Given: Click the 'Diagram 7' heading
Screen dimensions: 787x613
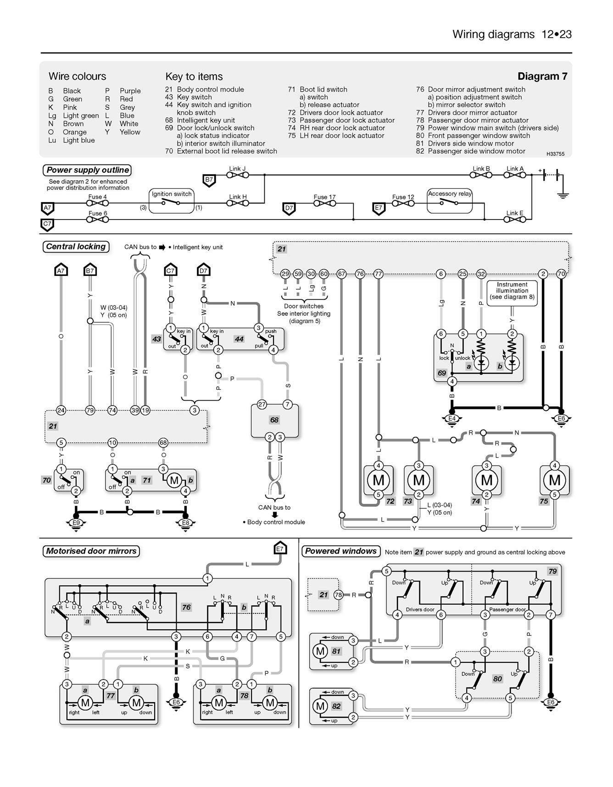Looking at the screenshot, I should coord(542,76).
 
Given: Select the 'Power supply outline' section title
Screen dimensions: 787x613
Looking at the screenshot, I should coord(88,170).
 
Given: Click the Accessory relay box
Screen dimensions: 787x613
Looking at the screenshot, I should coord(450,201).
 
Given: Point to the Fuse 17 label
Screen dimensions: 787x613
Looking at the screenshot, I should coord(324,197).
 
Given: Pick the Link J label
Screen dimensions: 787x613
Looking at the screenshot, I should coord(237,169).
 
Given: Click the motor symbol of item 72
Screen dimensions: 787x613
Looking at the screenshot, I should coord(379,480).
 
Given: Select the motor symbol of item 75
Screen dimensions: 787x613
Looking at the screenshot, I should coord(555,480).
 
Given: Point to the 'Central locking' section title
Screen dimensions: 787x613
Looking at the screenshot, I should coord(76,247).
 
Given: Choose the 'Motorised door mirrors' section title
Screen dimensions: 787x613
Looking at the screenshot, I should coord(91,551).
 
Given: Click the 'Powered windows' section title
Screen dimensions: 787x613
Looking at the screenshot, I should coord(341,551).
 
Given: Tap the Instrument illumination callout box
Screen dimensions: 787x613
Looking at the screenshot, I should coord(512,291).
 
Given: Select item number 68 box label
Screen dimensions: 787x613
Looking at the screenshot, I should coord(274,420).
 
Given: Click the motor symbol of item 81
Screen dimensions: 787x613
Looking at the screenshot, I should coord(320,651).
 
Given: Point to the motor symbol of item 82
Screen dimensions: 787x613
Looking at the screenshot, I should coord(320,706).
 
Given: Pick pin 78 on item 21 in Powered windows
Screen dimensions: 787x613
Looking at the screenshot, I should coord(338,595).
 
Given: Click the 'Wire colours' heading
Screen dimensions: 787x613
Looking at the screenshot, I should coord(77,76).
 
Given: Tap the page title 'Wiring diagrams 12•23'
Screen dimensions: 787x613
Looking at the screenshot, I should coord(512,34).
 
